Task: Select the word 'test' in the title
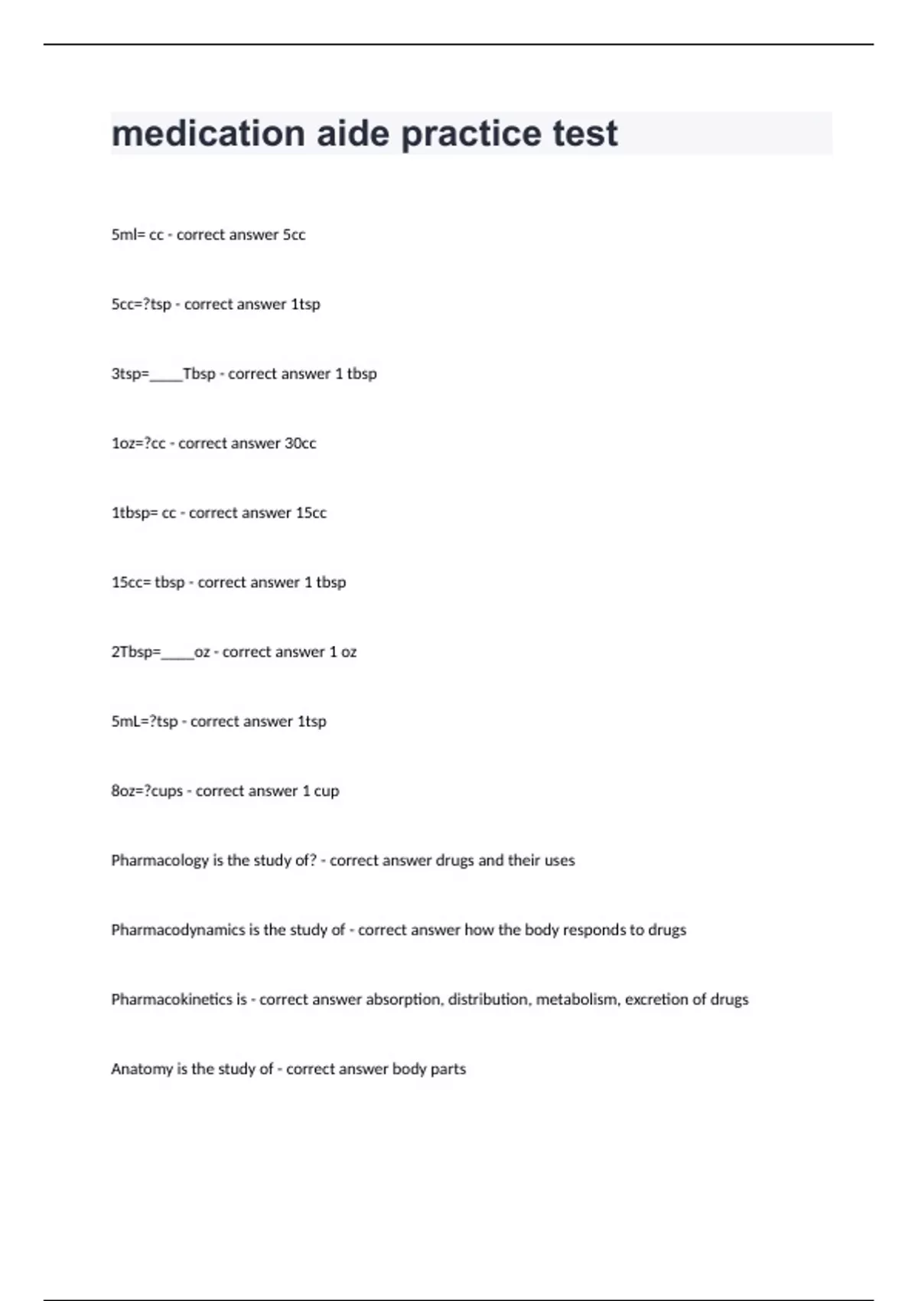(x=585, y=134)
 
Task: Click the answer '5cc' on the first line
(x=294, y=235)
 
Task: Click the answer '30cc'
(x=300, y=444)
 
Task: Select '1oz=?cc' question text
(x=138, y=444)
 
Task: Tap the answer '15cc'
(x=311, y=513)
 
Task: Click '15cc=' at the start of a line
(x=131, y=582)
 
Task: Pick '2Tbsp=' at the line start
(x=136, y=652)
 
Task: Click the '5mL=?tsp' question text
(x=145, y=722)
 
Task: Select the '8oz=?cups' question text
(x=147, y=791)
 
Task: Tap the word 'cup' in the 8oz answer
(x=326, y=791)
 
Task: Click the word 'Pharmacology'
(x=160, y=861)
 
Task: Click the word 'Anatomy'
(x=142, y=1069)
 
